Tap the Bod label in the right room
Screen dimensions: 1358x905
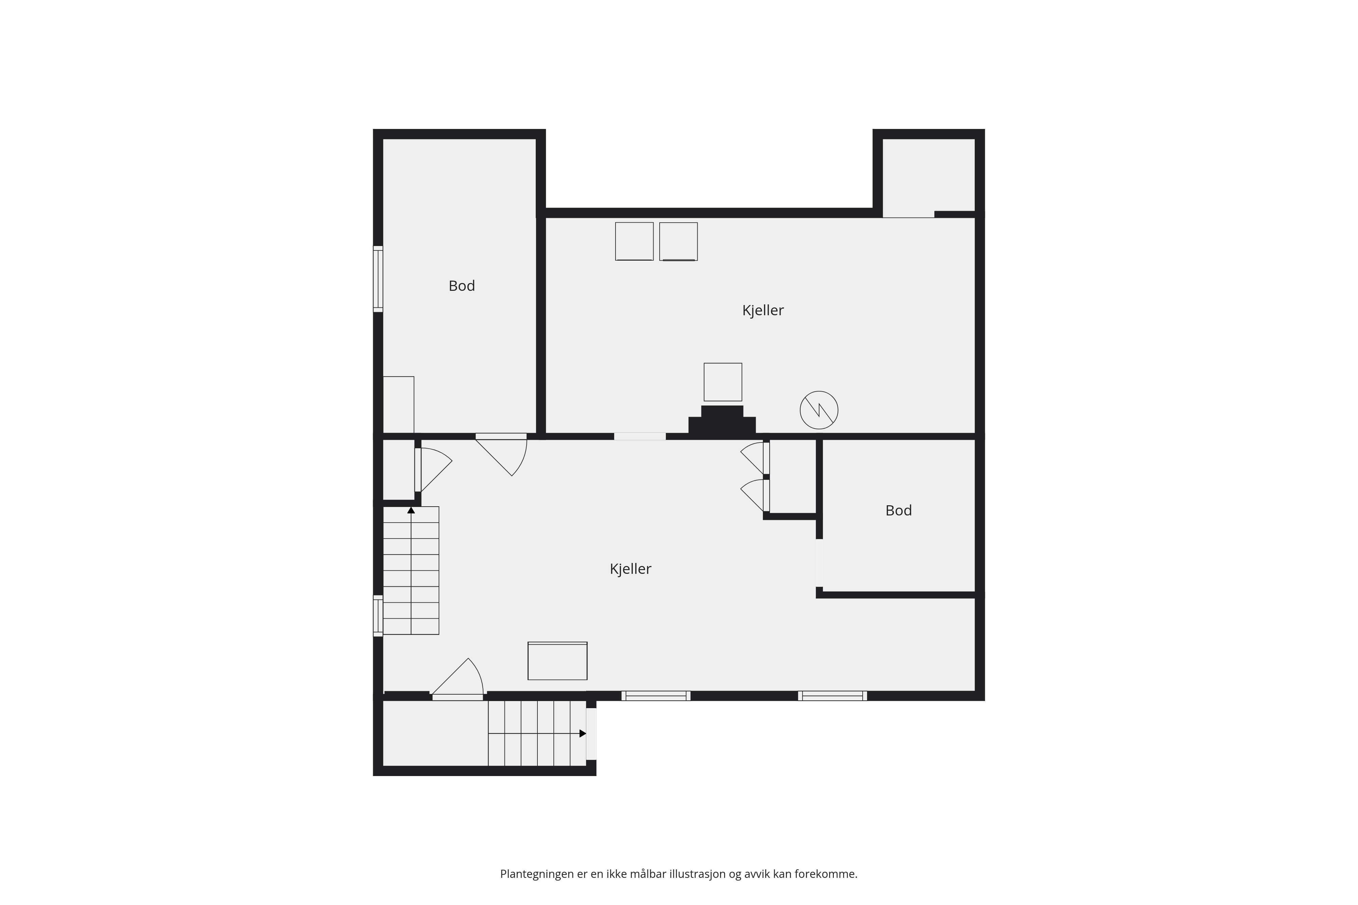898,510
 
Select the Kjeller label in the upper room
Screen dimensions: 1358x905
763,310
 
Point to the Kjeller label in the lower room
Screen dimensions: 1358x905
630,569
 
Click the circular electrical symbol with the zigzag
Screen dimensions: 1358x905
819,410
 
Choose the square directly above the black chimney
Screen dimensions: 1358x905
723,382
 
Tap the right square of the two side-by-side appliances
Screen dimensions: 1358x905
678,241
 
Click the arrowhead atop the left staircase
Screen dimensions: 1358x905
411,510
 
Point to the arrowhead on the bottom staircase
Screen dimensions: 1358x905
583,734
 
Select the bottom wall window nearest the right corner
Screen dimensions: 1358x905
832,696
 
